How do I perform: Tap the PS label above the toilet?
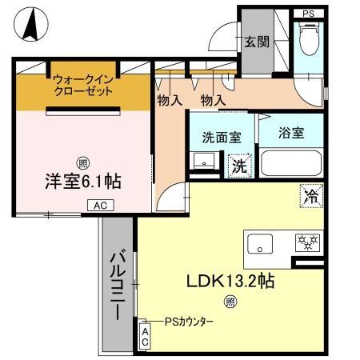tap(308, 13)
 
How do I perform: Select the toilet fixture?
tap(308, 36)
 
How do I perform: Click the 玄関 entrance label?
tap(256, 42)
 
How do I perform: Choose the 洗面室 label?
tap(222, 137)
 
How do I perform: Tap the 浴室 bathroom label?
tap(290, 134)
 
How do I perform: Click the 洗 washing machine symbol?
tap(239, 167)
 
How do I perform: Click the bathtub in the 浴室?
tap(291, 164)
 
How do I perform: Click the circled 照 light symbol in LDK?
tap(230, 302)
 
